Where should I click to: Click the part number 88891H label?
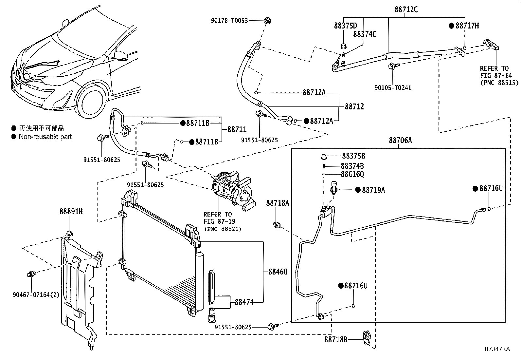tap(71, 212)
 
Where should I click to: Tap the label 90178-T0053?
tap(229, 21)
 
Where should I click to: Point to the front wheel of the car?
tap(93, 103)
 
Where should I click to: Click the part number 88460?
tap(278, 272)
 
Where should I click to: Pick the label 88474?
tap(244, 302)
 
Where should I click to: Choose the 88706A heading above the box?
tap(400, 141)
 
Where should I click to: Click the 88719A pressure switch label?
tap(373, 190)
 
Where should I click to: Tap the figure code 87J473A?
tap(497, 349)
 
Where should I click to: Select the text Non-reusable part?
tap(45, 137)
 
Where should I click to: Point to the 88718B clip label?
tap(336, 339)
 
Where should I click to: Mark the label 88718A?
tap(278, 203)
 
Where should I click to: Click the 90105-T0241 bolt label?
tap(393, 87)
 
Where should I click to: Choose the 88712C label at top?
tap(406, 9)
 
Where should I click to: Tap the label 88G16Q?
tap(352, 174)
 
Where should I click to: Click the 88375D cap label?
tap(345, 26)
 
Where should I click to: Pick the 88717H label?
tap(467, 26)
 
